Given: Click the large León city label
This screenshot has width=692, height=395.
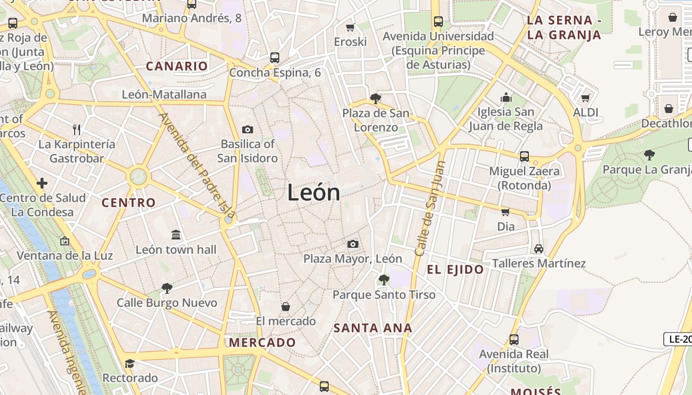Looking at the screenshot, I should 313,193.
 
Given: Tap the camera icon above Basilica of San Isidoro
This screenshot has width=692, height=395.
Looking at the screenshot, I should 248,130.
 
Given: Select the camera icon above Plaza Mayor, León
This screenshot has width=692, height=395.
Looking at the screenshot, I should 352,244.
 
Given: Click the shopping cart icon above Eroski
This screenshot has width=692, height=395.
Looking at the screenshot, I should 350,28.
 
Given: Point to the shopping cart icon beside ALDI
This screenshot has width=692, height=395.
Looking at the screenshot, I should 586,98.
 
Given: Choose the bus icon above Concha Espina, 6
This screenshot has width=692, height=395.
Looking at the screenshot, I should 275,58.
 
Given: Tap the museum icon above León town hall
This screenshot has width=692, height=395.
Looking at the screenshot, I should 176,235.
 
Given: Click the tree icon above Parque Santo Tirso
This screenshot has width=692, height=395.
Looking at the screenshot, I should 384,280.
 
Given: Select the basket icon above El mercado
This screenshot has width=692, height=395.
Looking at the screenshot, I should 285,307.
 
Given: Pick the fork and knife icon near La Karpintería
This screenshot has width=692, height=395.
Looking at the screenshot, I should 77,130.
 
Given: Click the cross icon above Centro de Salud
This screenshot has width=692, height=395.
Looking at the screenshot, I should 42,184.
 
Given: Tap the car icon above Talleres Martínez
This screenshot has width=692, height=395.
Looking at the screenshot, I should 538,248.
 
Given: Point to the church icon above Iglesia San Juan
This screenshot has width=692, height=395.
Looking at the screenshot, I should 506,97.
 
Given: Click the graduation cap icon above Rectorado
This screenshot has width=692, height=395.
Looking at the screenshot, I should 130,363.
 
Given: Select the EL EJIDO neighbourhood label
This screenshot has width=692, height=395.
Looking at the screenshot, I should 455,270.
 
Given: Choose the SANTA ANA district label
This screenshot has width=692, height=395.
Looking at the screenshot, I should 373,328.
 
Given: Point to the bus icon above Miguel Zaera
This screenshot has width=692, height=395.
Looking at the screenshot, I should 524,157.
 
